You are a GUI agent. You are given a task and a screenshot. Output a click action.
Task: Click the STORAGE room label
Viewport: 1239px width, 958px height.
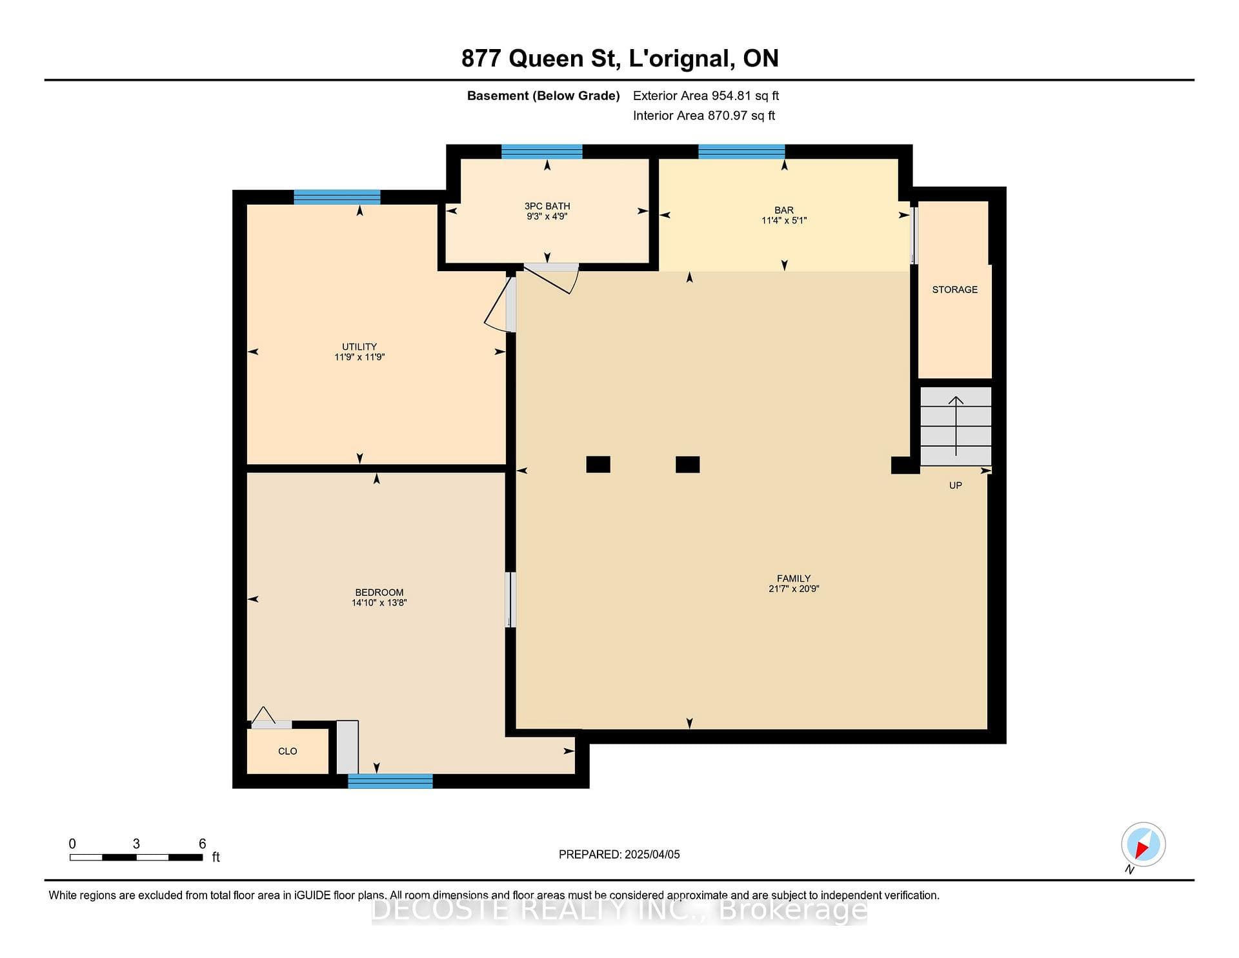tap(954, 290)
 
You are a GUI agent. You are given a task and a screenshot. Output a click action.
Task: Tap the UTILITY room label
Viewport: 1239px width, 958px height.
tap(359, 347)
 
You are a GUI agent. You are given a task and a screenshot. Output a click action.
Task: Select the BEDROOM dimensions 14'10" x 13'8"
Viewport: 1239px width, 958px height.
tap(379, 603)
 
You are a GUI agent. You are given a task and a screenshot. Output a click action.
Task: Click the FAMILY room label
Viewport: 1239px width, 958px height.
tap(794, 578)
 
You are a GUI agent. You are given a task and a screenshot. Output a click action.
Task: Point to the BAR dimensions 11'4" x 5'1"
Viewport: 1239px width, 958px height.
tap(784, 221)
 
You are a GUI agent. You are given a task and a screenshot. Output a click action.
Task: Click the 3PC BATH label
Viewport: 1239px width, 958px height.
tap(547, 207)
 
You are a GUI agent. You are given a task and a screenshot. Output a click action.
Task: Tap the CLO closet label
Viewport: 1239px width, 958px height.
tap(288, 751)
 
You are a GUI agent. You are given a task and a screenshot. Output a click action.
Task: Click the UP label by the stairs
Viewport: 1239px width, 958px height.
tap(956, 485)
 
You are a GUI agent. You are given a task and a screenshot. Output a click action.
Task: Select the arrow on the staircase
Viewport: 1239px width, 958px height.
tap(956, 426)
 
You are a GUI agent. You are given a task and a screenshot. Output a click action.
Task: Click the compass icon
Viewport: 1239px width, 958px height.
tap(1143, 845)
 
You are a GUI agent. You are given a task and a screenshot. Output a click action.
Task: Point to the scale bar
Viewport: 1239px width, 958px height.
tap(136, 857)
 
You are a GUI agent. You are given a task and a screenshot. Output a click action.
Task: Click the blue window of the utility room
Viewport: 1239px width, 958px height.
tap(337, 197)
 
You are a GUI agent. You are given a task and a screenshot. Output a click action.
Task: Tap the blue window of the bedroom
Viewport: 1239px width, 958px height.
tap(390, 781)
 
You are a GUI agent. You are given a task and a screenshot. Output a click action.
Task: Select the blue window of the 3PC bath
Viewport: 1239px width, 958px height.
tap(542, 152)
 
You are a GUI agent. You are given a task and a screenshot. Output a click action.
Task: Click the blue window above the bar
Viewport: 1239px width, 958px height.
tap(741, 152)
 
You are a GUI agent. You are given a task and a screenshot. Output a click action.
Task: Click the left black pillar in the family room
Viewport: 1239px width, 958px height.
tap(598, 464)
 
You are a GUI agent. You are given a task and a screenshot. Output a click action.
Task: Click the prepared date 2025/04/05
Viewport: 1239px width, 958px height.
tap(652, 855)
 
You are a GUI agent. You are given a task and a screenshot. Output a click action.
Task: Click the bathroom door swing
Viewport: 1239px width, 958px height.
tap(552, 279)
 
